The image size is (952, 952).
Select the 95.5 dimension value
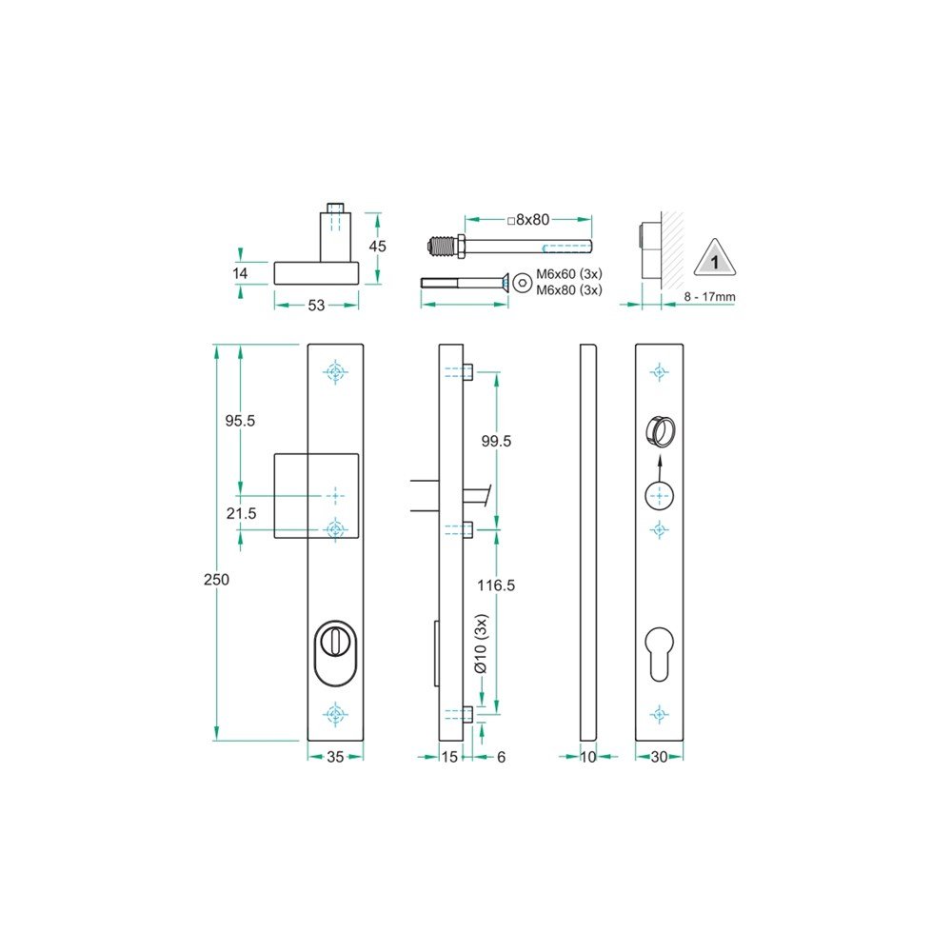pos(239,420)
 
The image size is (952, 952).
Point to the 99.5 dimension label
pos(496,442)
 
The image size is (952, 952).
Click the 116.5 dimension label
pos(496,585)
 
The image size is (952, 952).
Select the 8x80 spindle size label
pos(529,220)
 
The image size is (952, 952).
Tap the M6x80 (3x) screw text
pos(569,290)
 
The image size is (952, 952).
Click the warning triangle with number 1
pos(713,260)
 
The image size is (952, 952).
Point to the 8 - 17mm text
pos(709,297)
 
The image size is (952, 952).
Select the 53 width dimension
pos(316,306)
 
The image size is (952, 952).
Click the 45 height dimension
pos(378,246)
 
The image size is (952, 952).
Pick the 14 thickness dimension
pos(240,273)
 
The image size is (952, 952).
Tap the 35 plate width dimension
pos(334,758)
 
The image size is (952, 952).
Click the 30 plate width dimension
pos(659,758)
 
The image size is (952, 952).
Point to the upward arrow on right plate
pos(659,465)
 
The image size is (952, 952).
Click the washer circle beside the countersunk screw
pos(522,283)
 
